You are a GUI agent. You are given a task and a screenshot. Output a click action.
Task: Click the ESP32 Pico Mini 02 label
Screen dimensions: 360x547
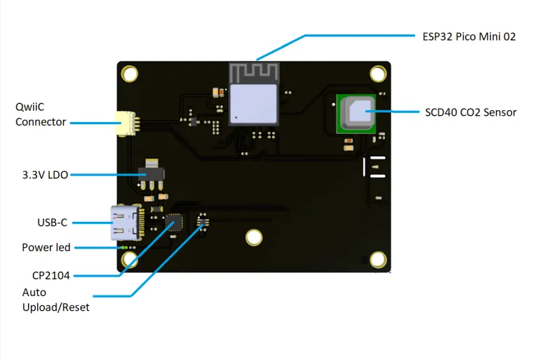click(x=469, y=36)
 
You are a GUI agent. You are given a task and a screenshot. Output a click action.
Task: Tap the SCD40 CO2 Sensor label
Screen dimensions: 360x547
click(x=471, y=112)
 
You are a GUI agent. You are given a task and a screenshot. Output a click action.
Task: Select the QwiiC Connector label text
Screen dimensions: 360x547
click(x=41, y=114)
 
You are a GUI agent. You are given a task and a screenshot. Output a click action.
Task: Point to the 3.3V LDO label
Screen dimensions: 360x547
click(x=45, y=175)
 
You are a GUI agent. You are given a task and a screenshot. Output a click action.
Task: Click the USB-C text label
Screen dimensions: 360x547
click(x=52, y=222)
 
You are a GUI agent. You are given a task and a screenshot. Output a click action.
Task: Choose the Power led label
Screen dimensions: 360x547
click(x=46, y=247)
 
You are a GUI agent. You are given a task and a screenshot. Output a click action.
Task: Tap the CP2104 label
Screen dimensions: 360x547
click(x=50, y=275)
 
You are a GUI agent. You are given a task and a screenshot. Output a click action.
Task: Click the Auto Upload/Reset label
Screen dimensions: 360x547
click(x=55, y=300)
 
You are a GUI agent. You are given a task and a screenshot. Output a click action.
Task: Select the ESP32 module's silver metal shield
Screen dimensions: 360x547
click(x=255, y=102)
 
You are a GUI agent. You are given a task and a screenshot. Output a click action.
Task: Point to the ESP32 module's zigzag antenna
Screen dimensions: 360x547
click(x=255, y=71)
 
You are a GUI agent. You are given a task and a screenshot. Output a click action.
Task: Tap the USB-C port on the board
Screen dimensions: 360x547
click(x=123, y=223)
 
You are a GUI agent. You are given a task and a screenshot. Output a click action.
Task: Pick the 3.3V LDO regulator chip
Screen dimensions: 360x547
click(x=152, y=172)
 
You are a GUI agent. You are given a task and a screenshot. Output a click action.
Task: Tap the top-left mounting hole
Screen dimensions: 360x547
click(x=130, y=73)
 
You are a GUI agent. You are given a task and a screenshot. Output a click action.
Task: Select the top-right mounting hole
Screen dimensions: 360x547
click(x=378, y=73)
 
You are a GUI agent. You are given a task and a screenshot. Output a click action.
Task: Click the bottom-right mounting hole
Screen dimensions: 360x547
click(x=378, y=260)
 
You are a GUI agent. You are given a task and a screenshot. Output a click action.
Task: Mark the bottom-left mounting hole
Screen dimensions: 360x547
click(x=130, y=260)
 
